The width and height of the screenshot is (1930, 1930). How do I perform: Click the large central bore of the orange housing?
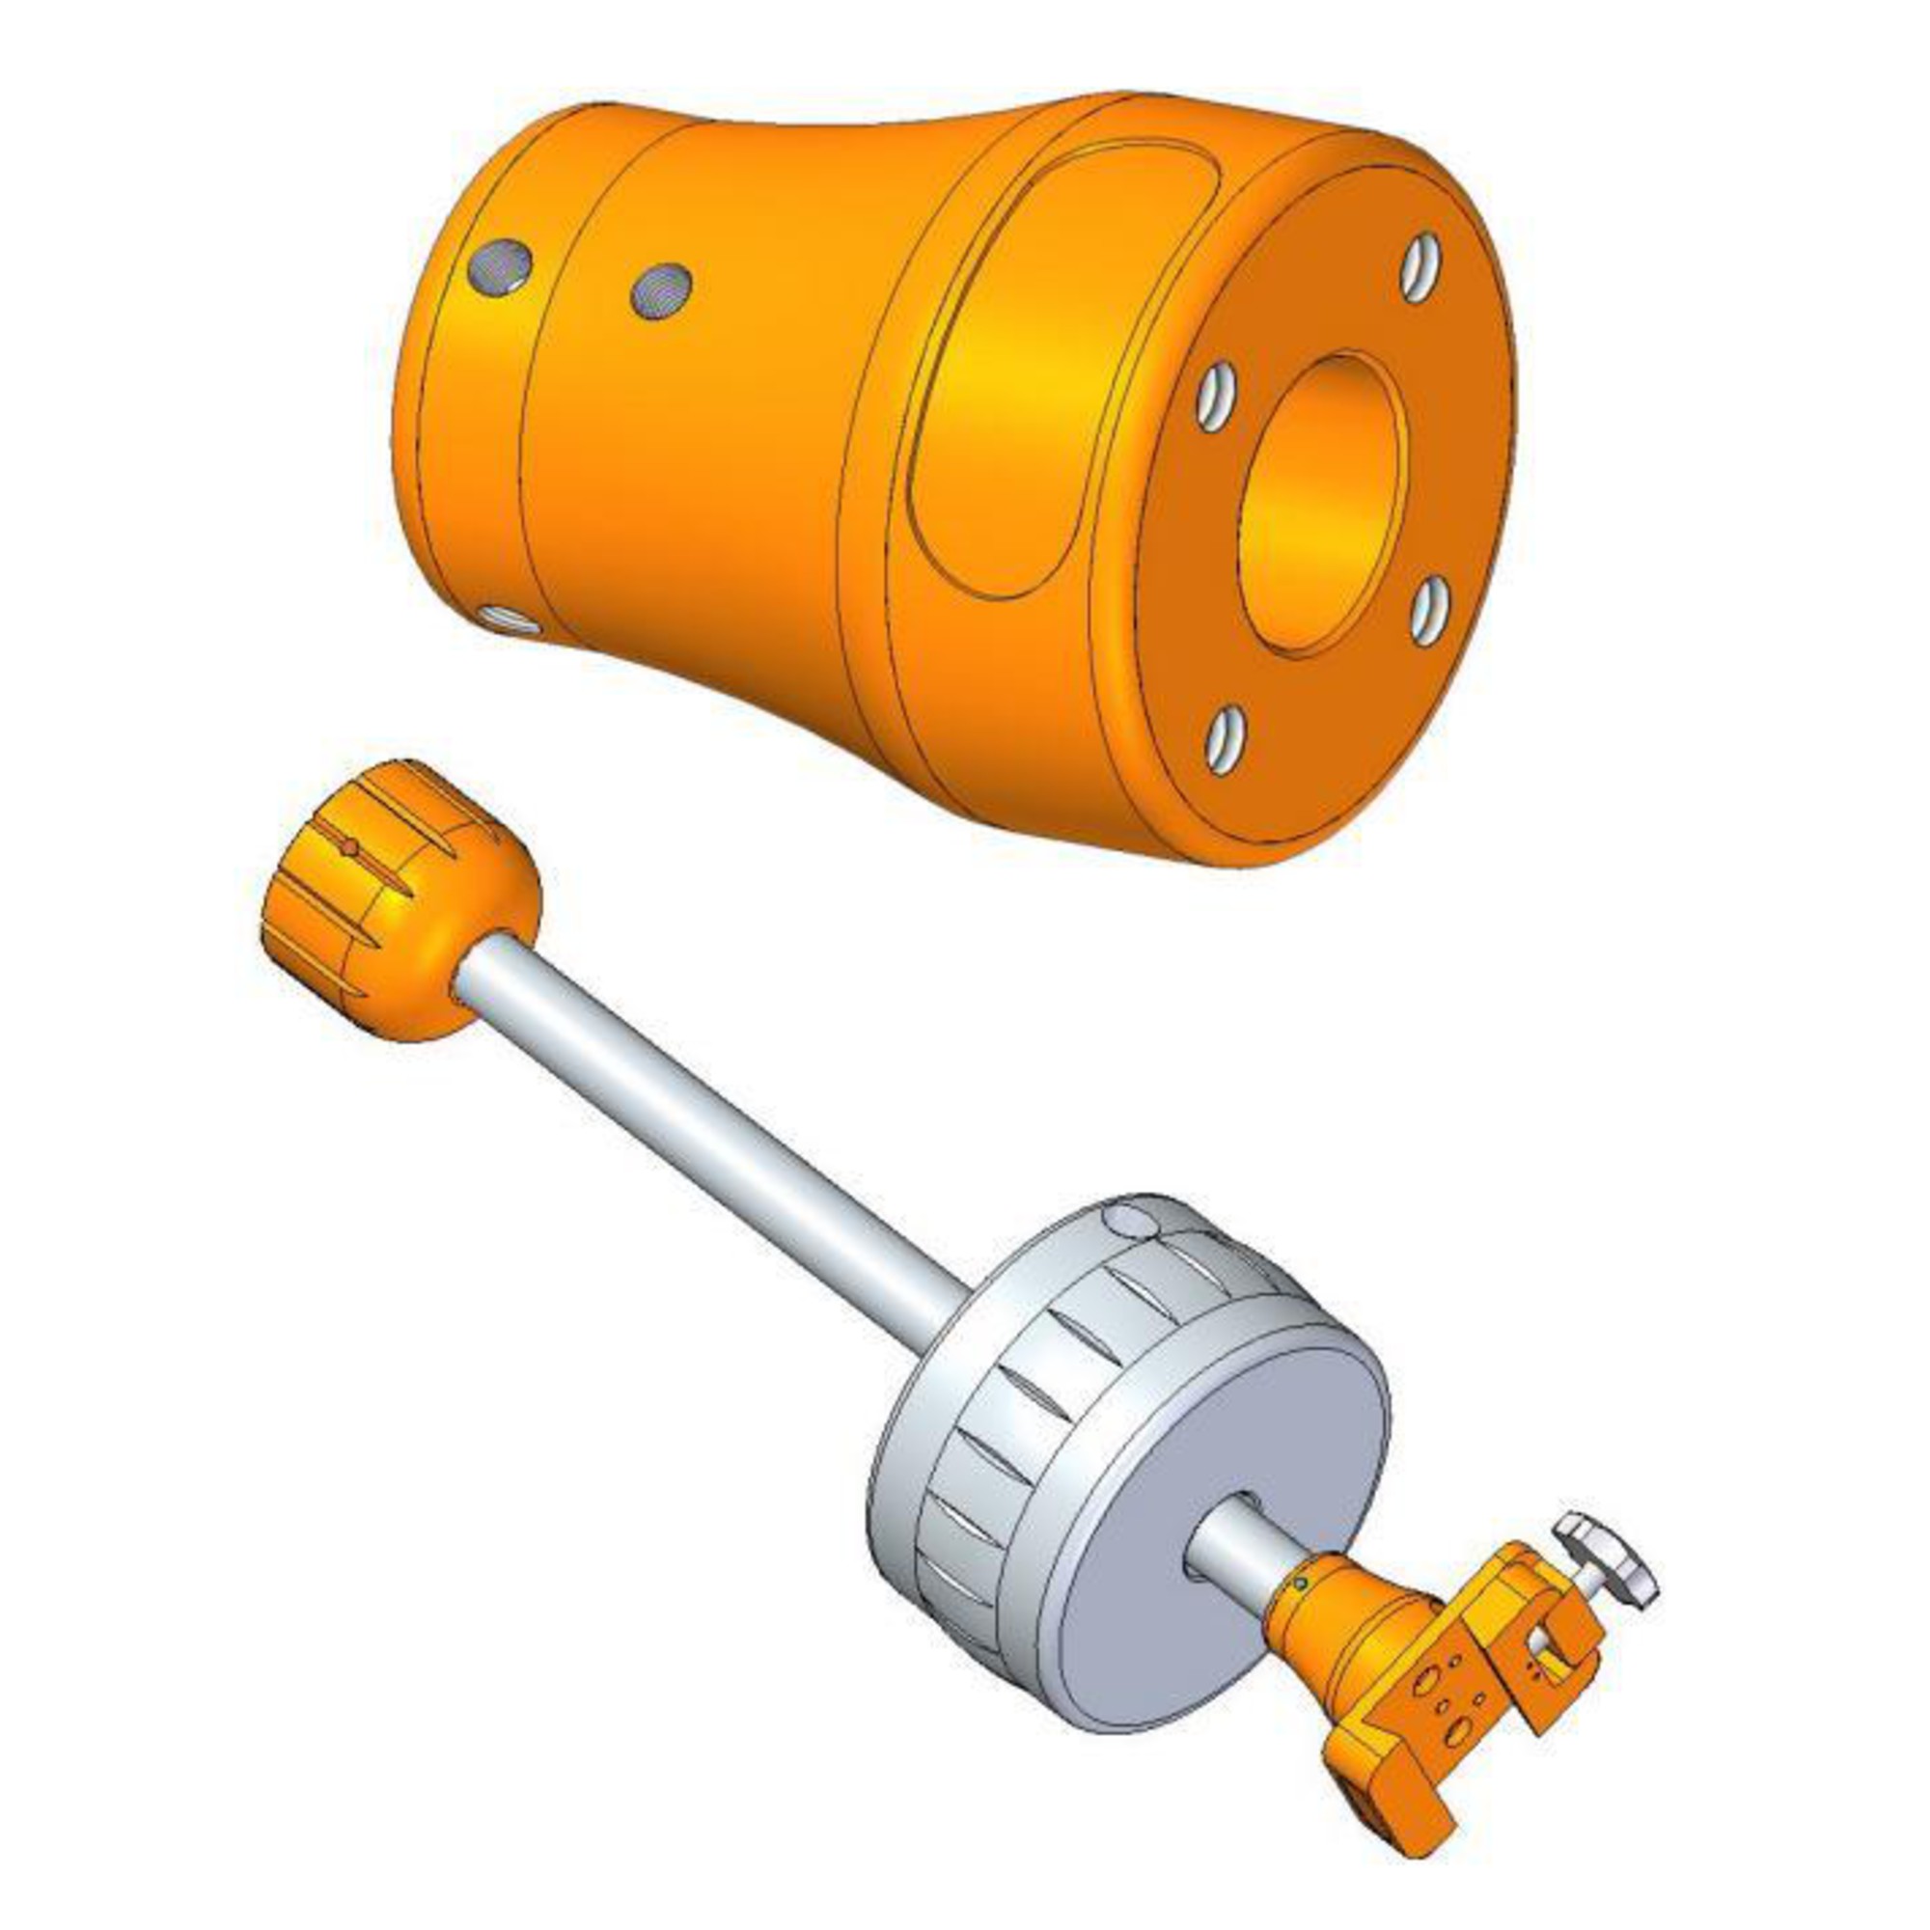click(1322, 506)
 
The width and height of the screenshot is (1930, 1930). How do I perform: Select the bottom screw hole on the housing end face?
click(1225, 739)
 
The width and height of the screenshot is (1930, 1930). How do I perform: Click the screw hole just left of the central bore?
click(1215, 399)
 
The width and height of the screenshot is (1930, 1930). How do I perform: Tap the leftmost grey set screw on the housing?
click(500, 266)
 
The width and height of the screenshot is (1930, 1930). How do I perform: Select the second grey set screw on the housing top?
click(661, 290)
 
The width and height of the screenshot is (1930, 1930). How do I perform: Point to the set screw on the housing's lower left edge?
click(509, 620)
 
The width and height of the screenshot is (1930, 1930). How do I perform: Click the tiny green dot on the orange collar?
click(1300, 1583)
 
